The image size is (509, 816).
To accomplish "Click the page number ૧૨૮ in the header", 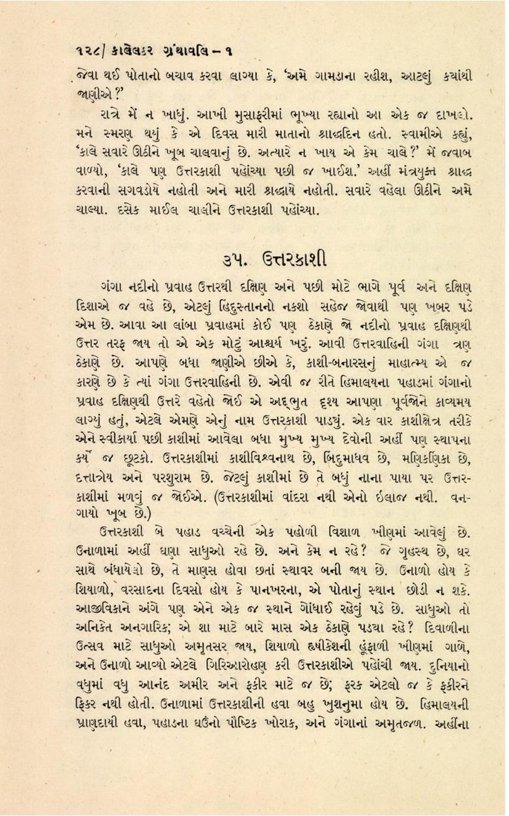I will [x=84, y=50].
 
